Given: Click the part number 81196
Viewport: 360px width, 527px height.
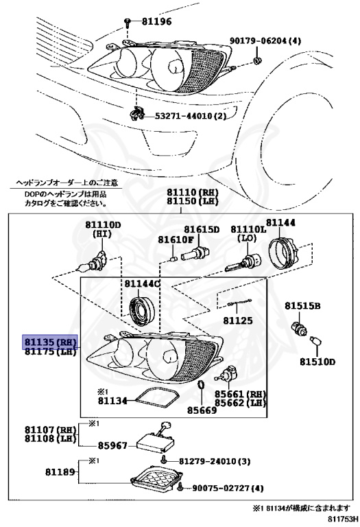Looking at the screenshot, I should [157, 22].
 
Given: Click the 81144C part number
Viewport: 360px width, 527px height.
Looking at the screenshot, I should [142, 283].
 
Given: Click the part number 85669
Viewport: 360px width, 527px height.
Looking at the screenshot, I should [202, 410].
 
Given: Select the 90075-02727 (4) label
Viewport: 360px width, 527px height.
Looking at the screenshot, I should [227, 489].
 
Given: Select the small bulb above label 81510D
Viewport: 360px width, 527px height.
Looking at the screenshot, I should [317, 341].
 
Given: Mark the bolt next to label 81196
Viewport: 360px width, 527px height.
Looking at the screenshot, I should [128, 23].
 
